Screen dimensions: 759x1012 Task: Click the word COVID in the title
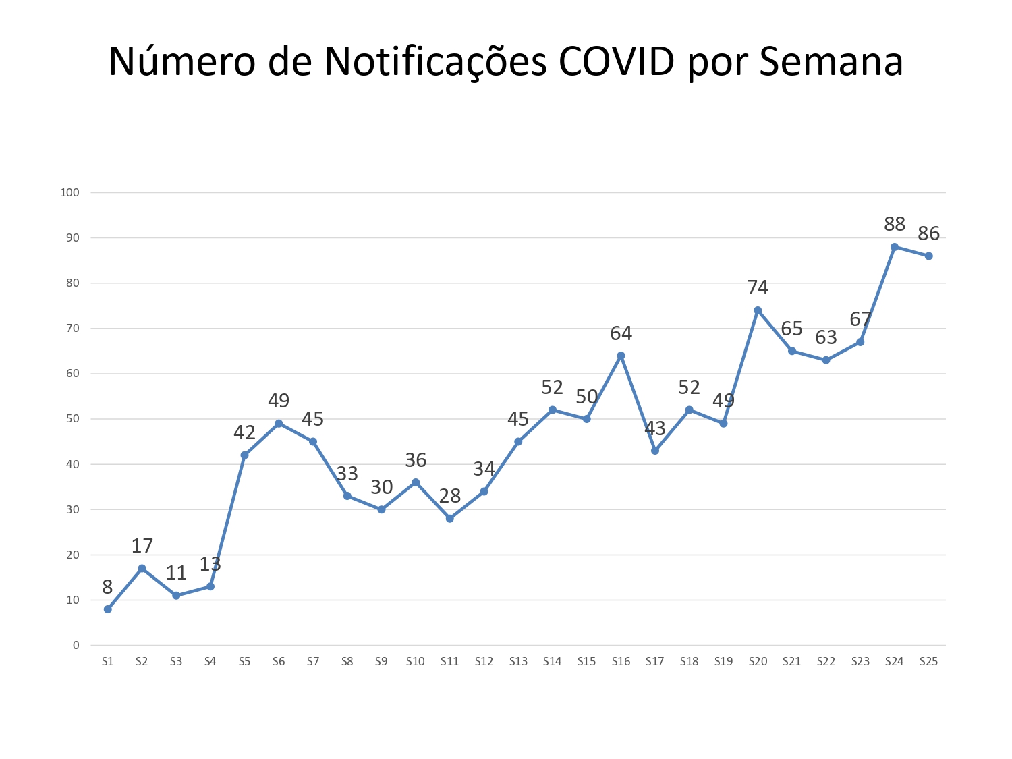(616, 61)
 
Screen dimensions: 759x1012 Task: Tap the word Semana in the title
(831, 61)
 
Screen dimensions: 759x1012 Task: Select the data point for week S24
(895, 247)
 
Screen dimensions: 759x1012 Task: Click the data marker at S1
(108, 609)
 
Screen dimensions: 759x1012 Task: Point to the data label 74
(758, 288)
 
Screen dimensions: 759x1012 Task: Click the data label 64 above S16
(621, 333)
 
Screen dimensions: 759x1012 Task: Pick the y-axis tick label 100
(70, 192)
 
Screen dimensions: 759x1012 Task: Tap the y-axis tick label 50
(73, 419)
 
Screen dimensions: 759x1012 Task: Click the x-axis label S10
(416, 662)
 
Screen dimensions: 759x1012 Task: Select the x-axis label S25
(928, 662)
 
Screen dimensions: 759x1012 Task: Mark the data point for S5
(244, 455)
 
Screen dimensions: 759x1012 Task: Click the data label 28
(450, 497)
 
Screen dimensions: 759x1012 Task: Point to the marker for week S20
(758, 310)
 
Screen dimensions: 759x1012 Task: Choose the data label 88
(895, 225)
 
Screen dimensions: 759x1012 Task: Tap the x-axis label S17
(654, 662)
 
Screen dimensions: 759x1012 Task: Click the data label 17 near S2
(142, 546)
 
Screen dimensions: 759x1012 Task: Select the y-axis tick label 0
(76, 646)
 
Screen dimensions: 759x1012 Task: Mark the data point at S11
(450, 519)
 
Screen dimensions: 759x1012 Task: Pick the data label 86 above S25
(929, 234)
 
